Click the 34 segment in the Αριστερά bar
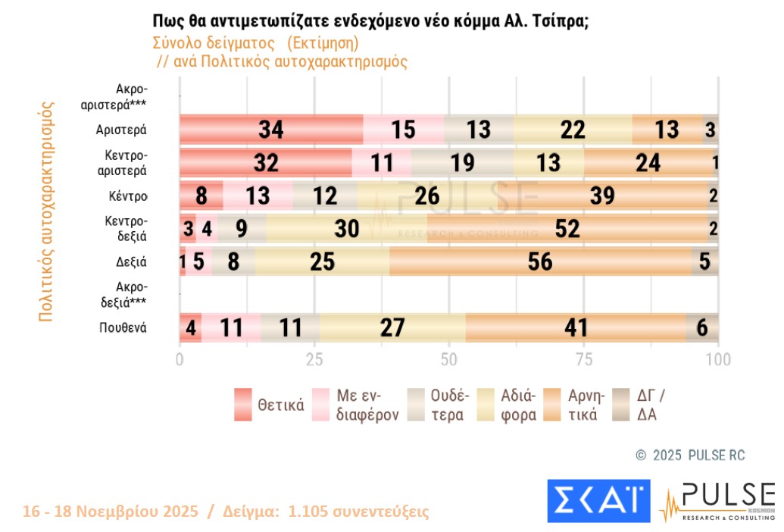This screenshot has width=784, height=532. [x=271, y=130]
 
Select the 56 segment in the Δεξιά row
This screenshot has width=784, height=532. [x=541, y=261]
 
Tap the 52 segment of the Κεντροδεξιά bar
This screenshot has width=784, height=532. [x=567, y=228]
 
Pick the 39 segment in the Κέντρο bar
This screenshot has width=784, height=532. [x=602, y=196]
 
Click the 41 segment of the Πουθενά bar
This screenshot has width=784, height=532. [x=575, y=327]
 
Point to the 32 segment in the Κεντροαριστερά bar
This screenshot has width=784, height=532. [x=266, y=163]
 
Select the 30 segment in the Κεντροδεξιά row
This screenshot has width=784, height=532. [x=346, y=228]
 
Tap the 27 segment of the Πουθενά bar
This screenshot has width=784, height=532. [x=392, y=327]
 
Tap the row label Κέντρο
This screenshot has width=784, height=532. [x=127, y=196]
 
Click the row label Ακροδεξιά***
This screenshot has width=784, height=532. [x=127, y=294]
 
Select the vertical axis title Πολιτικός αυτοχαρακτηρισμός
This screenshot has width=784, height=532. [x=46, y=211]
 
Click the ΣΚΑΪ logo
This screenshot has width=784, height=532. [x=598, y=500]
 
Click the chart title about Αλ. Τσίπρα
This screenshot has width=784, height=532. [x=370, y=20]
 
